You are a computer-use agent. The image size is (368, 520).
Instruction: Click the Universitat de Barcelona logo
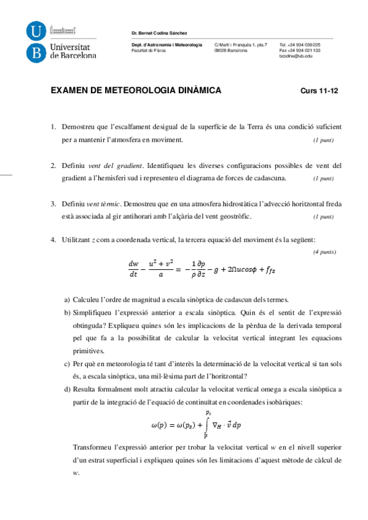(61, 42)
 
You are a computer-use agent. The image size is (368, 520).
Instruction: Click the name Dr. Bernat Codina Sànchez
(159, 32)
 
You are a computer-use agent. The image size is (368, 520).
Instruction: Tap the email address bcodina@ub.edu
(296, 56)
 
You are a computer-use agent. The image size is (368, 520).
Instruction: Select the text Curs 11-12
(319, 91)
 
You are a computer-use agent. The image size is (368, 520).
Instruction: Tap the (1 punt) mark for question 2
(323, 178)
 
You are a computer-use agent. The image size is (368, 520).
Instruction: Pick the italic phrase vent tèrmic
(101, 204)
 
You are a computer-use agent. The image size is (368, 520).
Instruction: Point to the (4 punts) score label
(323, 252)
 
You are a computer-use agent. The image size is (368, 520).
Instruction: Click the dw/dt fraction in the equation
(133, 269)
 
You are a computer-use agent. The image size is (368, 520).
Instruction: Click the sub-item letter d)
(67, 389)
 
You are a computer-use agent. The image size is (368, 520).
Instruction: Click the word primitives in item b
(88, 351)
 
